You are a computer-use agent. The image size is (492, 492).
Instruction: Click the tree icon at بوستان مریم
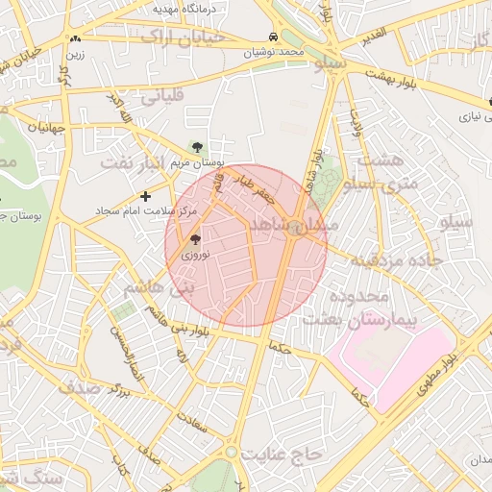tap(197, 147)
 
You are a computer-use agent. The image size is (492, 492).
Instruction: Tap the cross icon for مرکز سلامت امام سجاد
tap(145, 196)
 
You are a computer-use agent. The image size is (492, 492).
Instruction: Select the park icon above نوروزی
tap(195, 240)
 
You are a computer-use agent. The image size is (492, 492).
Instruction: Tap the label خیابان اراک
tap(183, 37)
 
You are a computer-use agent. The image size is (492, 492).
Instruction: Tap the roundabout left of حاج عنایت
tap(231, 451)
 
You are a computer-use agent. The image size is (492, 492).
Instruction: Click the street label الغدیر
tap(372, 34)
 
